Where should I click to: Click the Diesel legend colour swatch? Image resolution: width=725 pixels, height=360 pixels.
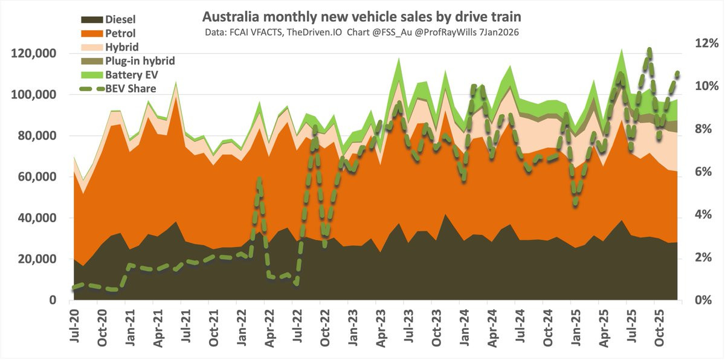(91, 19)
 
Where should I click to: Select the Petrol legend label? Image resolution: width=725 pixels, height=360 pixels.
(120, 33)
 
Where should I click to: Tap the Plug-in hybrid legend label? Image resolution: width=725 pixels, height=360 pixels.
(140, 60)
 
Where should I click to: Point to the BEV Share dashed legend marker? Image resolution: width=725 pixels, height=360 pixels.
(91, 89)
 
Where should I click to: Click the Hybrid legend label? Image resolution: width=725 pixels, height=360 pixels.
(121, 47)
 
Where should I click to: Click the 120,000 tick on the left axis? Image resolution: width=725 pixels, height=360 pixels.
(34, 54)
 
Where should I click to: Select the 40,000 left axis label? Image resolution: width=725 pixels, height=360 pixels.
(37, 218)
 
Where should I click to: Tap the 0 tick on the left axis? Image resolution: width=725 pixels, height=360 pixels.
(53, 300)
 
